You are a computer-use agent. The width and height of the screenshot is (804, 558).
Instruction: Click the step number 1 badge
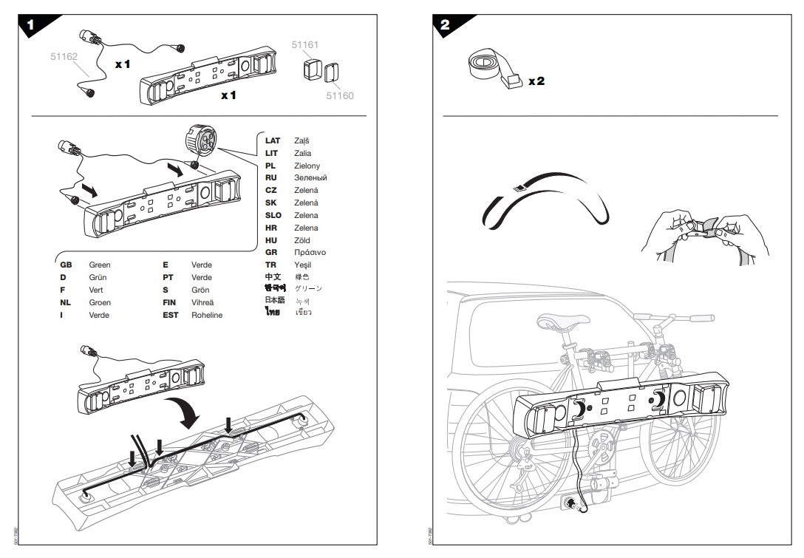[x=30, y=24]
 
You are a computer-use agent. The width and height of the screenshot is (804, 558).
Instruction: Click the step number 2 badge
[x=445, y=24]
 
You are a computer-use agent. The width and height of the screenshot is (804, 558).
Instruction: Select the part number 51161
[x=304, y=45]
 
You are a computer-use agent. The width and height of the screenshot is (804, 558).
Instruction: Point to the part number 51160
[x=340, y=95]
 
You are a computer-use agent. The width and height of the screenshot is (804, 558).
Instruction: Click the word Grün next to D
[x=98, y=277]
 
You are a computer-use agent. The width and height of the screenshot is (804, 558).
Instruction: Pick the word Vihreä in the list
[x=203, y=302]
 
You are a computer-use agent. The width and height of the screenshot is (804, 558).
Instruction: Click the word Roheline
[x=207, y=315]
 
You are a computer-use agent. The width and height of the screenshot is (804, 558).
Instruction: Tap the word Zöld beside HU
[x=302, y=240]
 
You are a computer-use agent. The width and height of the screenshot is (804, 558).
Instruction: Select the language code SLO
[x=273, y=215]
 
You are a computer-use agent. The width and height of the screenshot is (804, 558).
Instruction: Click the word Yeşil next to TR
[x=303, y=265]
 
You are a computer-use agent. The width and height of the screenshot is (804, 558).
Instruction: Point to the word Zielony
[x=307, y=166]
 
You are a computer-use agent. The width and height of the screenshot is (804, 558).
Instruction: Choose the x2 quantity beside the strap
[x=536, y=81]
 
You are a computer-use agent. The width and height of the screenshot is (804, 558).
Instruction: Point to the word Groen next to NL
[x=100, y=302]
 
